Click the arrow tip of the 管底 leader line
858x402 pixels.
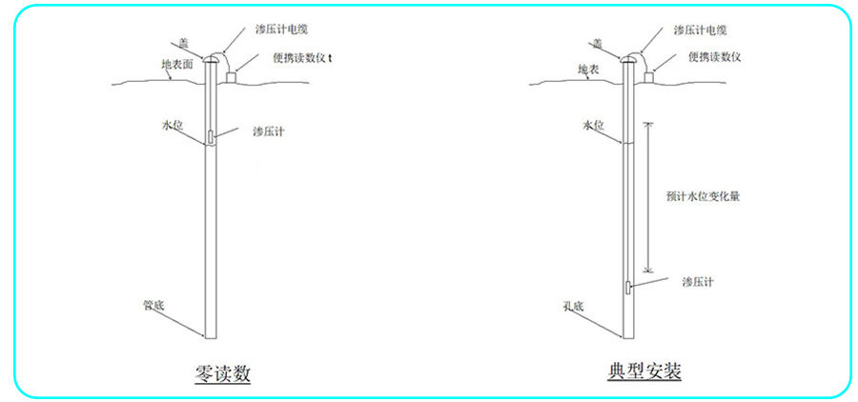pyautogui.click(x=205, y=335)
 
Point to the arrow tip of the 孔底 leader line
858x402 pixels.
pyautogui.click(x=623, y=336)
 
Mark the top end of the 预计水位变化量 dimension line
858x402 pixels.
pyautogui.click(x=648, y=123)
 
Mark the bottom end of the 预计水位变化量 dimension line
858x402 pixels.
pyautogui.click(x=648, y=271)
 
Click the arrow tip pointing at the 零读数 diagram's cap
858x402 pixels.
pyautogui.click(x=204, y=58)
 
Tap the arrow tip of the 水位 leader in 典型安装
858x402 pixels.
pyautogui.click(x=623, y=143)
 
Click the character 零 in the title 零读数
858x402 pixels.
pyautogui.click(x=204, y=374)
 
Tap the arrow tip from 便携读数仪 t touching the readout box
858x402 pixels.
pyautogui.click(x=235, y=71)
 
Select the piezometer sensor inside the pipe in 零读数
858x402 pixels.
pyautogui.click(x=210, y=137)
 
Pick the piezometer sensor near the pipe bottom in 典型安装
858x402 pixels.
pyautogui.click(x=627, y=288)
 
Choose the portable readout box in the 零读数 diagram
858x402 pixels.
pyautogui.click(x=231, y=78)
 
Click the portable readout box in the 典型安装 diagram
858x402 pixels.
pyautogui.click(x=649, y=78)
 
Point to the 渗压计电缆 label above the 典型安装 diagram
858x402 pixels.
pyautogui.click(x=700, y=30)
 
